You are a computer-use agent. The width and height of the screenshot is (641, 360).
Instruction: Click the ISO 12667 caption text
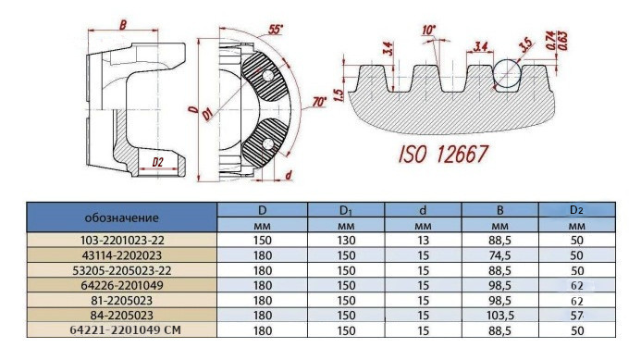(443, 155)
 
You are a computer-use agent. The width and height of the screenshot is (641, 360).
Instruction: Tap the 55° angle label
(276, 30)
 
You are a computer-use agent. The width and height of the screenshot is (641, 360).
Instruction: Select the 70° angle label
(319, 102)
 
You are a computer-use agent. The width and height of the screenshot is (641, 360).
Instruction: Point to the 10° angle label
(429, 30)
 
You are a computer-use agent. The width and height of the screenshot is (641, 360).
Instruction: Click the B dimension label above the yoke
(123, 25)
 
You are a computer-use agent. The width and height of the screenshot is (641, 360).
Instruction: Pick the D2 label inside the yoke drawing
(157, 162)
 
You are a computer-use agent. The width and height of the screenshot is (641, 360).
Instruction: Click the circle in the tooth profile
(507, 73)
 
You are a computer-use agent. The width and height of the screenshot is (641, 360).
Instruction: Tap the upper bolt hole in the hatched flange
(267, 75)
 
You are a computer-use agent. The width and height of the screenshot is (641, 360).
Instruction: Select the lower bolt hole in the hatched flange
(267, 143)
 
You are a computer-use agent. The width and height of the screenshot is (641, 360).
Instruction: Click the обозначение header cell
(122, 217)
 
